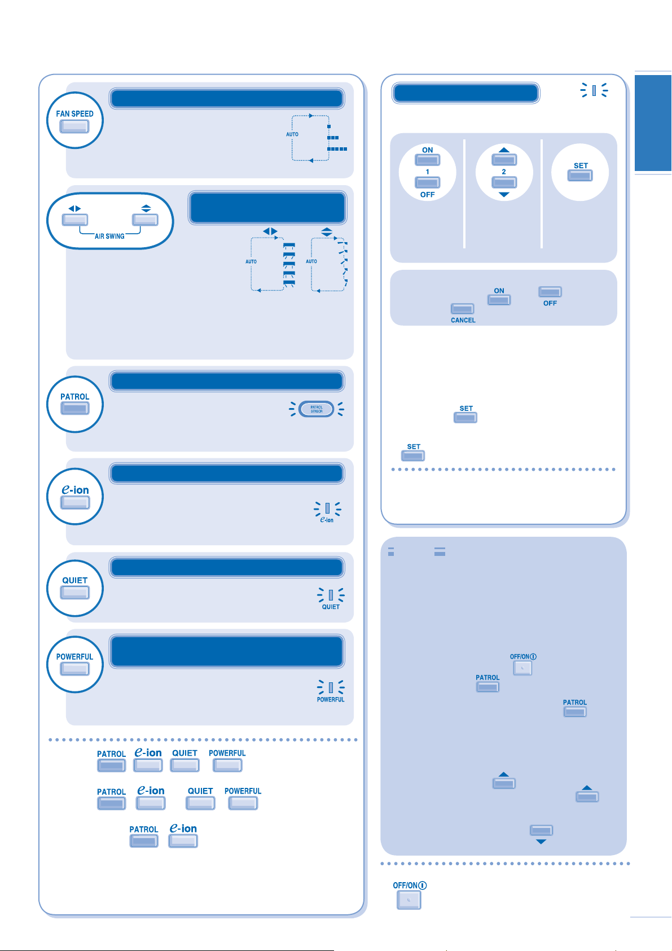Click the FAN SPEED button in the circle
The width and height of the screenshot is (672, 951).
[x=74, y=126]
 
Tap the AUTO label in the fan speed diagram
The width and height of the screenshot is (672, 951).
[x=292, y=134]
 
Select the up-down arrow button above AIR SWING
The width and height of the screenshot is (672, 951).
[x=145, y=219]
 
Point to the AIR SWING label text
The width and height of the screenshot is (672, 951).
[x=109, y=236]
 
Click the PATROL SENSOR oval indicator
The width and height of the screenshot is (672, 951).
[x=317, y=409]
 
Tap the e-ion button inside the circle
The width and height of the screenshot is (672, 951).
[x=75, y=502]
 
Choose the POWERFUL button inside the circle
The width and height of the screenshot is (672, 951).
[x=75, y=669]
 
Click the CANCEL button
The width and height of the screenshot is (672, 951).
[x=462, y=309]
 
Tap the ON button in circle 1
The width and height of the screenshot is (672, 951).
[x=428, y=160]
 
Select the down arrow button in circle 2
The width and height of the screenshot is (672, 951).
[x=504, y=182]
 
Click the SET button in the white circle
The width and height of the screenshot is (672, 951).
[x=580, y=175]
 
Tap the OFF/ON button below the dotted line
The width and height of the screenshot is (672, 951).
[x=409, y=900]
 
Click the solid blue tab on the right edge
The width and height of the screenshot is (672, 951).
[x=653, y=122]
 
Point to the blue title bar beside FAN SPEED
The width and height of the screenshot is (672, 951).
[x=226, y=98]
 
